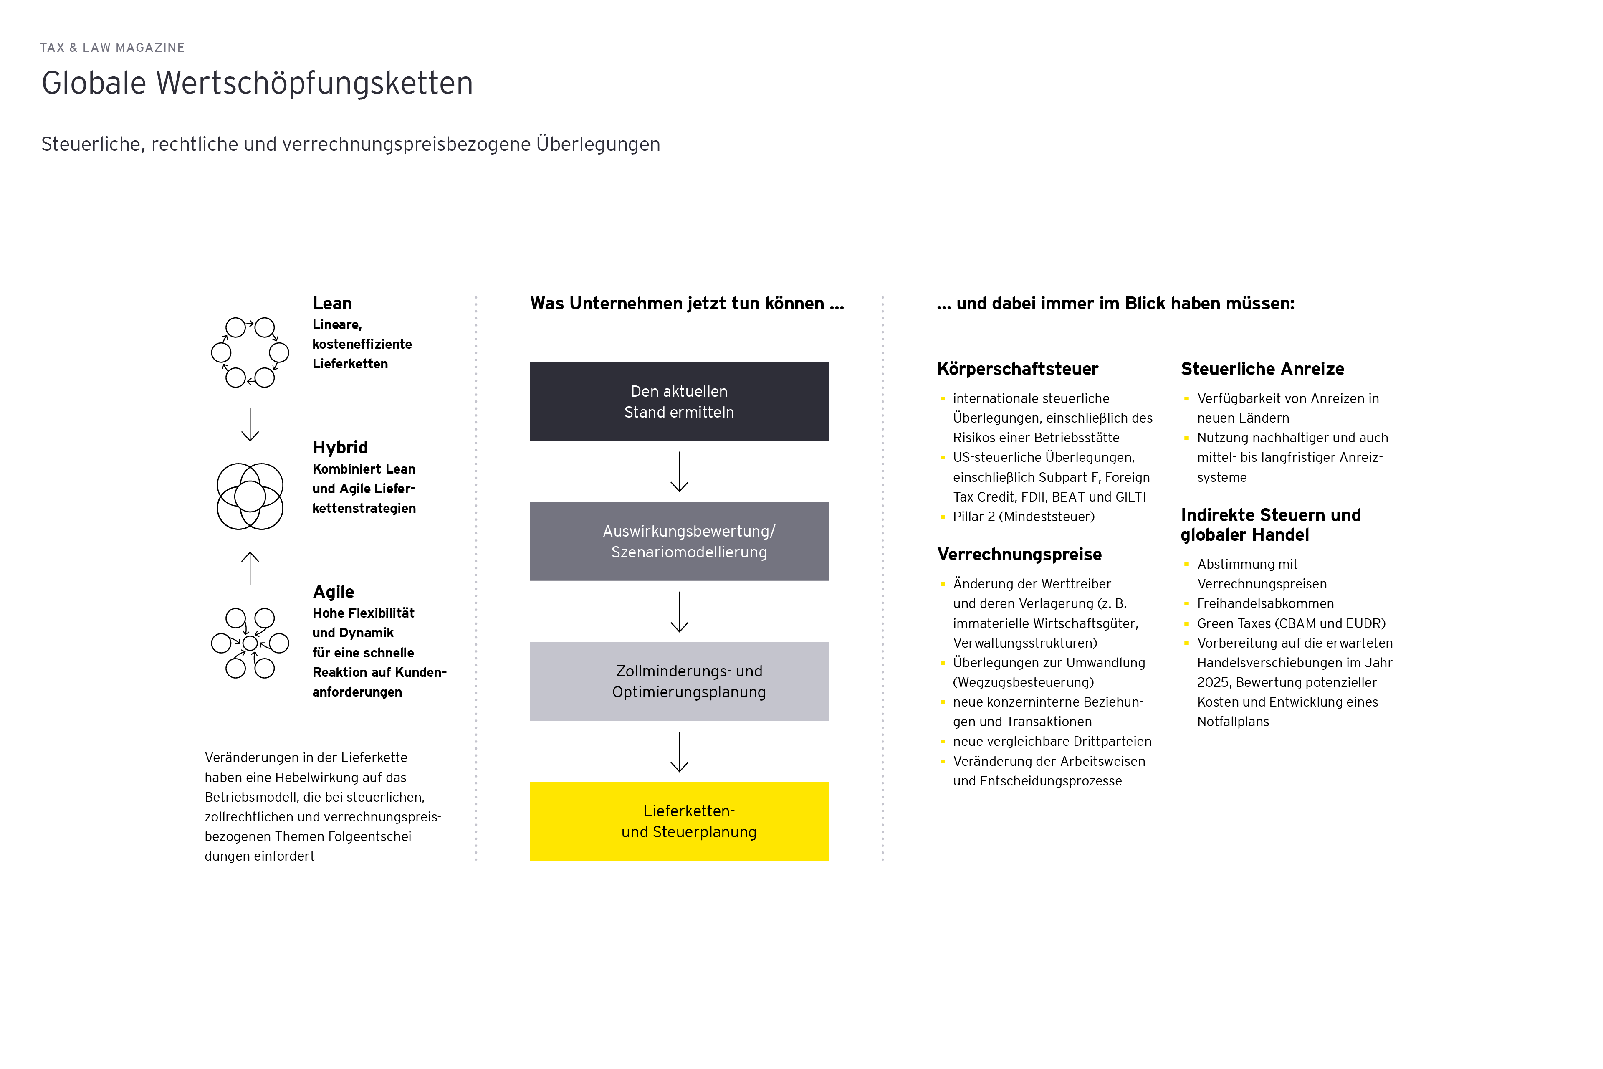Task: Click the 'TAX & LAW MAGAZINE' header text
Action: coord(112,48)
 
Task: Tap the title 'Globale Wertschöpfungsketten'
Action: coord(257,83)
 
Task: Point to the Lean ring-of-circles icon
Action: coord(250,352)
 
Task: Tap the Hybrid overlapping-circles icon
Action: coord(250,497)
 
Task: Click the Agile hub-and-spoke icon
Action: coord(250,643)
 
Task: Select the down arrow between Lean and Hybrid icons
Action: coord(250,424)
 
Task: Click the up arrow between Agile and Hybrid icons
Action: coord(250,568)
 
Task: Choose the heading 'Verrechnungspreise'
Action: coord(1019,554)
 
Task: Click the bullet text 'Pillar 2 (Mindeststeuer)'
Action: coord(1024,517)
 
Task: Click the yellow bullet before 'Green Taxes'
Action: coord(1186,623)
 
